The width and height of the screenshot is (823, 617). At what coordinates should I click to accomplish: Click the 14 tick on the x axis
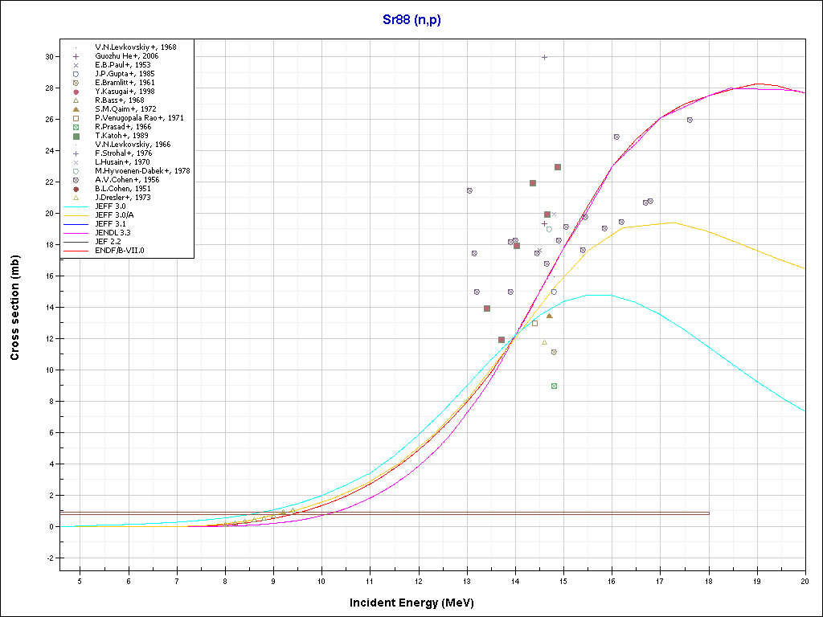[x=515, y=581]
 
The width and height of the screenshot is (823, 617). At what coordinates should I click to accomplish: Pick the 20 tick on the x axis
[x=805, y=581]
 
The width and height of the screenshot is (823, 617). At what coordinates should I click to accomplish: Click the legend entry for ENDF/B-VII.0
[x=127, y=251]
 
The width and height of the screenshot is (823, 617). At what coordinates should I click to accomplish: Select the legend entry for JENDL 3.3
[x=117, y=233]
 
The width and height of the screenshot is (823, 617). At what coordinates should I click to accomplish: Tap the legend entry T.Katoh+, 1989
[x=121, y=136]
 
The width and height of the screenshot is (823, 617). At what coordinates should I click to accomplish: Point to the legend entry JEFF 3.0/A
[x=117, y=215]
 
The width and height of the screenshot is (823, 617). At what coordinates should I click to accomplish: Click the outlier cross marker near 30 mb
[x=544, y=57]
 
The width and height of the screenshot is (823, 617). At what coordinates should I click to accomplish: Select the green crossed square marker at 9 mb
[x=554, y=386]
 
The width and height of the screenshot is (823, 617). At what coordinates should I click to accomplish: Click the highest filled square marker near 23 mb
[x=558, y=167]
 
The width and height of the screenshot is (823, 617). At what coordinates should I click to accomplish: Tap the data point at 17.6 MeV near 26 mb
[x=690, y=120]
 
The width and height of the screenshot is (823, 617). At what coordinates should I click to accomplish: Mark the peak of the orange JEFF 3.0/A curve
[x=672, y=223]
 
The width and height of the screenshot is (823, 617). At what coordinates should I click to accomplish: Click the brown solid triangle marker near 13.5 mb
[x=549, y=316]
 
